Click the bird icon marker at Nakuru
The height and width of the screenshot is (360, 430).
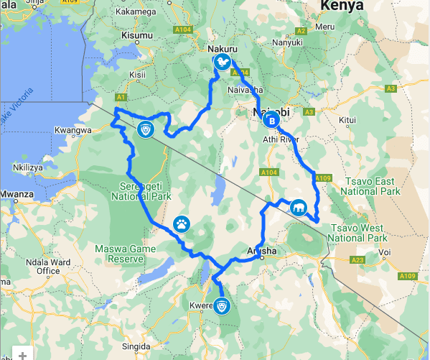point(223,63)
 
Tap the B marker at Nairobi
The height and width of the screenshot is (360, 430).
point(271,119)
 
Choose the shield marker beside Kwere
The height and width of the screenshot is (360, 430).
point(223,307)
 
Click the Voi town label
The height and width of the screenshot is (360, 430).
point(385,253)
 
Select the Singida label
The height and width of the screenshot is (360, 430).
point(136,346)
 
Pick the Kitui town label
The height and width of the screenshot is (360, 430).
point(347,119)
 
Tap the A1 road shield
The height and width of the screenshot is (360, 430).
point(120,97)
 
